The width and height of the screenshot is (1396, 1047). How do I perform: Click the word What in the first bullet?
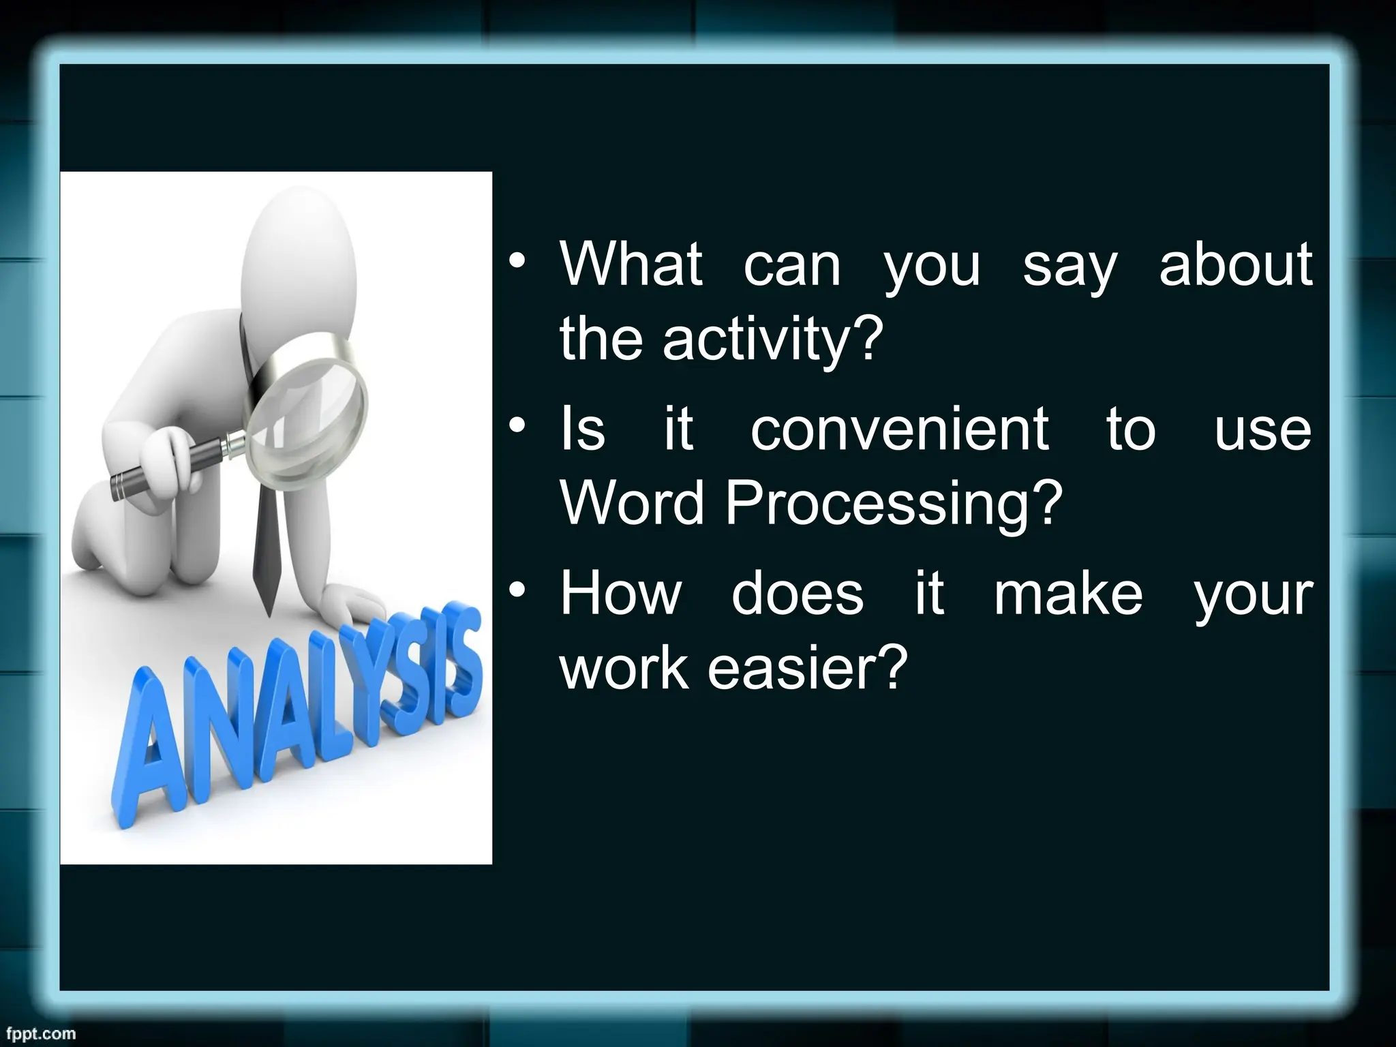click(x=631, y=264)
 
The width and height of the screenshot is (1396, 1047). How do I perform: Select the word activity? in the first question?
click(x=772, y=339)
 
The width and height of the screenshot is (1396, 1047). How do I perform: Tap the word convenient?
click(x=899, y=429)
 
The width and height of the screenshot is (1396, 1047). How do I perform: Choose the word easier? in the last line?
click(x=808, y=668)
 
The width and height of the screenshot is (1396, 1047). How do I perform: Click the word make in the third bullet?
click(x=1067, y=594)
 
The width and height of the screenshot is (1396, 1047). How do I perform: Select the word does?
click(x=798, y=594)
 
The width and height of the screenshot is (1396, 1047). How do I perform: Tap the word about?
click(x=1235, y=264)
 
